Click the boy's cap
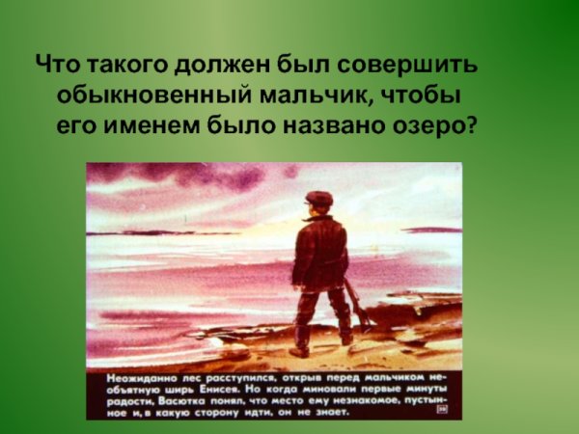[318, 199]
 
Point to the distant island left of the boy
[145, 232]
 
